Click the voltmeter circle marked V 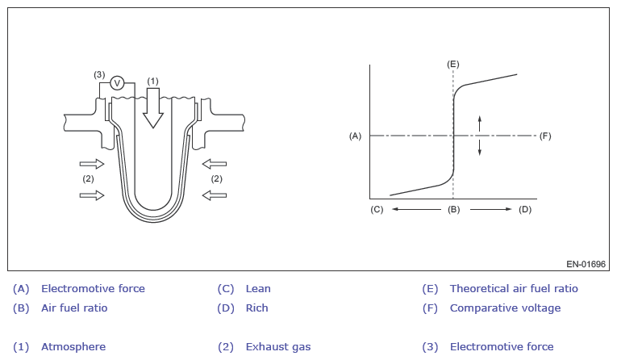click(117, 82)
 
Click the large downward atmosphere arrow click(153, 108)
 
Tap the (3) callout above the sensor click(99, 74)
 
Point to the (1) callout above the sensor click(153, 81)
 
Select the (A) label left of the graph click(355, 136)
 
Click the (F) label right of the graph click(545, 136)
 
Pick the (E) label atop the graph click(453, 62)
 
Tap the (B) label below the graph click(453, 210)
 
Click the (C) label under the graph click(377, 210)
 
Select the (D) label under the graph click(525, 210)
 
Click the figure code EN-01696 click(586, 263)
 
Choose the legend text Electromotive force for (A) click(93, 288)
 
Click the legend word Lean click(258, 288)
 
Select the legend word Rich click(257, 308)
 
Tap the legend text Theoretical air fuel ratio click(514, 288)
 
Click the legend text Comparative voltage click(505, 308)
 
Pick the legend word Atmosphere click(73, 347)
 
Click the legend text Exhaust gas click(277, 347)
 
